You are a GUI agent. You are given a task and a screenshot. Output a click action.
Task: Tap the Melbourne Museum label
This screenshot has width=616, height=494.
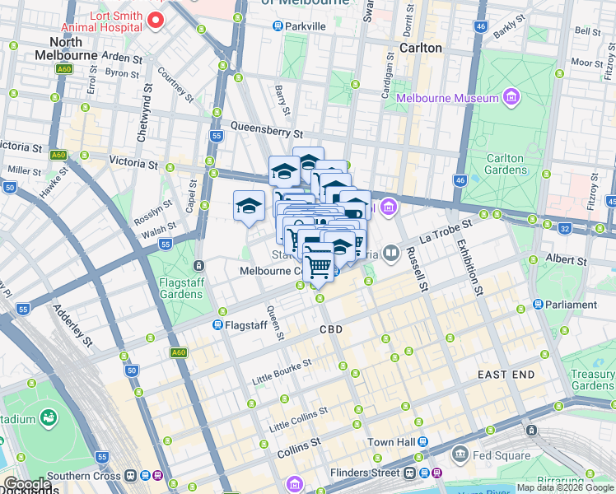448,98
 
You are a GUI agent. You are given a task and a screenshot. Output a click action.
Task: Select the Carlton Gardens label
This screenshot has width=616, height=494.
505,164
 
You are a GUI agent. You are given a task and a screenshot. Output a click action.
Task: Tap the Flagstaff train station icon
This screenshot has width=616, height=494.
220,325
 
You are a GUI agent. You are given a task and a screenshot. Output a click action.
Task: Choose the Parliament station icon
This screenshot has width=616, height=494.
538,305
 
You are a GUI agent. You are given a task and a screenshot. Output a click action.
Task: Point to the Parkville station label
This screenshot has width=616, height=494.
305,26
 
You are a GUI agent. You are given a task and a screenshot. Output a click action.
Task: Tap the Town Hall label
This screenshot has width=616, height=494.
390,443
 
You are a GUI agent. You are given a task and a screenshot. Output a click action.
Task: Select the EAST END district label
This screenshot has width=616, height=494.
506,375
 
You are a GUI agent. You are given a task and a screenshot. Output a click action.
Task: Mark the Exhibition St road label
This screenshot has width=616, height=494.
469,267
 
